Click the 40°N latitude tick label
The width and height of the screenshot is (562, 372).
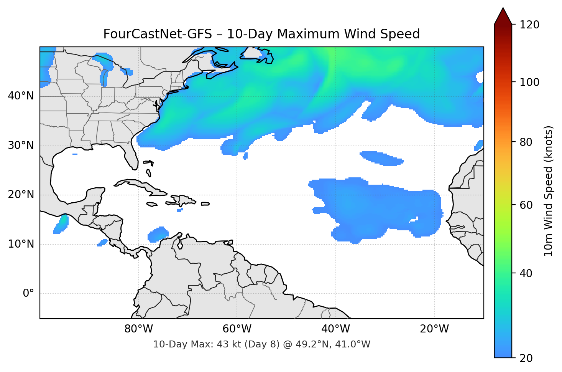[21, 96]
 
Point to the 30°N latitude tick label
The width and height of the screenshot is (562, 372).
[21, 145]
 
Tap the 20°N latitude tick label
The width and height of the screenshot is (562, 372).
[21, 195]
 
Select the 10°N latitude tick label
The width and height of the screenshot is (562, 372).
[21, 244]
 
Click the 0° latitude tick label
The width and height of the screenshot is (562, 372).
[28, 294]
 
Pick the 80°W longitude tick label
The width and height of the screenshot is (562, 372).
[139, 329]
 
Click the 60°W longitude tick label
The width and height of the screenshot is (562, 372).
[237, 329]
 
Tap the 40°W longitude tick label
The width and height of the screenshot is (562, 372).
[336, 329]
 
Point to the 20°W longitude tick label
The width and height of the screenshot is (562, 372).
[434, 329]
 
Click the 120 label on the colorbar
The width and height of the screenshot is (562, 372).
[529, 25]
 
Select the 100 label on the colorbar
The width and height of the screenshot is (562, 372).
[529, 82]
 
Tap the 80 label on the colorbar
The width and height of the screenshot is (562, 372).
[526, 142]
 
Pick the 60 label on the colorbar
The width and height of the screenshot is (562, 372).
[526, 205]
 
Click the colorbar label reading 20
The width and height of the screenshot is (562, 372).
[526, 358]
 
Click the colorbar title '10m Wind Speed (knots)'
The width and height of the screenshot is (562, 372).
[549, 191]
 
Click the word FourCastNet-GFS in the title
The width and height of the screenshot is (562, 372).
[158, 34]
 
